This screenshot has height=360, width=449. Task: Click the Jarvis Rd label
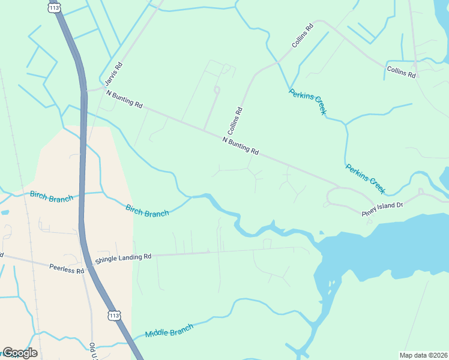(114, 75)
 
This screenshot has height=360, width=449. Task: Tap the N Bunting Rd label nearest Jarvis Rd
(124, 99)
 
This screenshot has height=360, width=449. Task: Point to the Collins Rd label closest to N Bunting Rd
(235, 120)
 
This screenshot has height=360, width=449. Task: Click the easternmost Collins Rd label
(401, 73)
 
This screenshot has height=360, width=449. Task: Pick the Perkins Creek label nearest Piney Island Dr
(365, 179)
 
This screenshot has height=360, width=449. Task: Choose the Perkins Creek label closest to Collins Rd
(307, 102)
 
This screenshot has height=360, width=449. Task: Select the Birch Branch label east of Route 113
(147, 211)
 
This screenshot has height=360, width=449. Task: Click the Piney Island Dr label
(382, 209)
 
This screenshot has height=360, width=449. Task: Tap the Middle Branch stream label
(169, 331)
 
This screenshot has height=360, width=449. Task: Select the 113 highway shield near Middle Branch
(113, 316)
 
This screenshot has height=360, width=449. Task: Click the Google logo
(20, 353)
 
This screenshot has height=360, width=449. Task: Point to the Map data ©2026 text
(423, 355)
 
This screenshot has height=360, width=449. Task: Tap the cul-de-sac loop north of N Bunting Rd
(217, 90)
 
